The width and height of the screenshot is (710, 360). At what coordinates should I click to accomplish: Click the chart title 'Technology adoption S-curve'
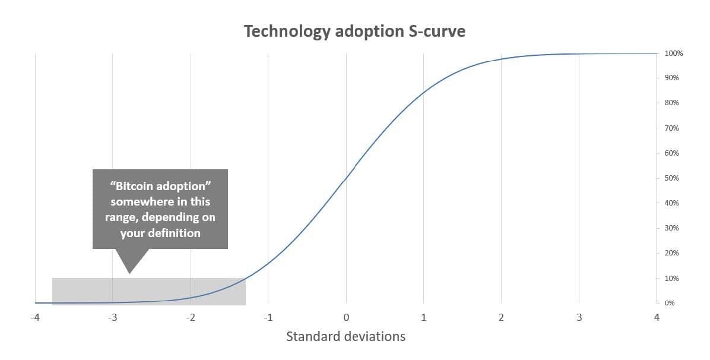(354, 31)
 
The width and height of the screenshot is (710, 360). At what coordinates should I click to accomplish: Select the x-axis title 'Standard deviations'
(346, 336)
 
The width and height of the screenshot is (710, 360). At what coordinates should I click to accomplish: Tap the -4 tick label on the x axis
(34, 318)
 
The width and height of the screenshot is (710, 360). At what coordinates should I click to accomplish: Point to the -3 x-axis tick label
(112, 318)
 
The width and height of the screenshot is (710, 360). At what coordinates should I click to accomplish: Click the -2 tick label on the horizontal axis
(190, 318)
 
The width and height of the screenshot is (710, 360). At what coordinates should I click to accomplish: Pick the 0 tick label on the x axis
(346, 318)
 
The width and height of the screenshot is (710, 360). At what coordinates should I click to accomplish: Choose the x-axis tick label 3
(579, 318)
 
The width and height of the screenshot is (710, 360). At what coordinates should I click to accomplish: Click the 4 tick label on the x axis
(657, 318)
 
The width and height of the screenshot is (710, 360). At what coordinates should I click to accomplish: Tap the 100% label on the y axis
(673, 53)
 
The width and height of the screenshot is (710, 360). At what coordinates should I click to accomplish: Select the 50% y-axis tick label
(671, 178)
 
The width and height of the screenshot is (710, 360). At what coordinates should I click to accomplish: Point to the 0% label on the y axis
(670, 303)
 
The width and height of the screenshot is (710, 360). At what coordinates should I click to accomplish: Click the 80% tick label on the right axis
(671, 103)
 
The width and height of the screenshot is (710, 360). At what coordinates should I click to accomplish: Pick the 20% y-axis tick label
(671, 253)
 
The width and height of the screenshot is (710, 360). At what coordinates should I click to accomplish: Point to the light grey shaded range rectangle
(148, 291)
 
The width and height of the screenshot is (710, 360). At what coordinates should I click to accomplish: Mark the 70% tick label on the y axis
(671, 128)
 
